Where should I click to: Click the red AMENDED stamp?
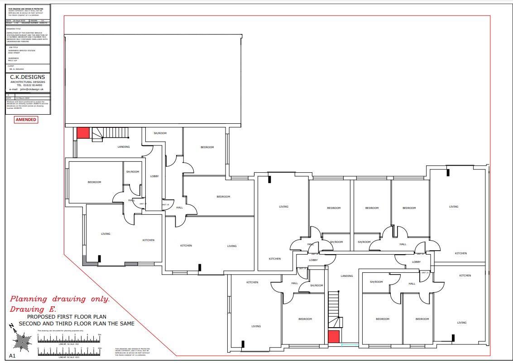coord(26,120)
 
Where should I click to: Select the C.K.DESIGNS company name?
coord(28,77)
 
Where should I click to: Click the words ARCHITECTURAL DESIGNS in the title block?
coord(28,82)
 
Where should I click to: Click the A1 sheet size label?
coord(12,356)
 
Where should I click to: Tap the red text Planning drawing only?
coord(60,299)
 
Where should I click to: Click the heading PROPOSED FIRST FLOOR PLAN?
coord(67,317)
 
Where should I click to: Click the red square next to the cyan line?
coord(334,337)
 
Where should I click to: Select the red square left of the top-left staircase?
coord(83,133)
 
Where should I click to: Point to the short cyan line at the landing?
coord(350,345)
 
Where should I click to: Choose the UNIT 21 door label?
coord(425,272)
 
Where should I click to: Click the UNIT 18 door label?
coord(165,205)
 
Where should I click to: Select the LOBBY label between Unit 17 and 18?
coord(154,176)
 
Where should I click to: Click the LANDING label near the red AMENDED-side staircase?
coord(124,147)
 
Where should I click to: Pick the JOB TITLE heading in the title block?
coord(13,47)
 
